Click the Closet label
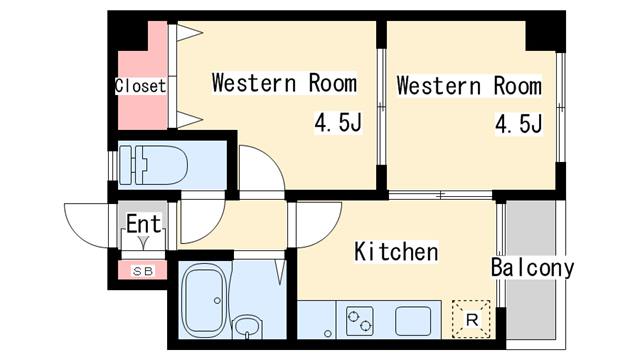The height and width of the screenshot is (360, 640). [x=140, y=86]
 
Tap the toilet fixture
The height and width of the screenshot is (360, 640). [x=153, y=165]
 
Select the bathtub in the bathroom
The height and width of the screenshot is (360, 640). [x=204, y=300]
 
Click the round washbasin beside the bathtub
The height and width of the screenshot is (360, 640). [x=247, y=326]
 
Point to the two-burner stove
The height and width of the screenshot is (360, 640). [x=360, y=321]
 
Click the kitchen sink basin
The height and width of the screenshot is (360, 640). [x=413, y=321]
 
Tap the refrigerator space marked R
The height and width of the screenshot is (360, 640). [x=471, y=319]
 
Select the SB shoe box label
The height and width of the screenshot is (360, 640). [x=143, y=271]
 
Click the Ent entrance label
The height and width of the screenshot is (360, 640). [x=144, y=223]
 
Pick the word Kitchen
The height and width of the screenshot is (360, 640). [x=396, y=251]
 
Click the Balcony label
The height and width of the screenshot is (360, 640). [x=532, y=268]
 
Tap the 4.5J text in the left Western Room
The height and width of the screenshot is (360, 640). [x=338, y=122]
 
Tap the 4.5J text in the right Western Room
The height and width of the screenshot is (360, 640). [x=519, y=124]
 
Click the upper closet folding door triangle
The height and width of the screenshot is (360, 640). [x=189, y=33]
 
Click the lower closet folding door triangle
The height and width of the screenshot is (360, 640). [x=189, y=119]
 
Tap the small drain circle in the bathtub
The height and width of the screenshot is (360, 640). [x=217, y=300]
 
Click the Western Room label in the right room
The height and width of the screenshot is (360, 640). [x=469, y=86]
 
